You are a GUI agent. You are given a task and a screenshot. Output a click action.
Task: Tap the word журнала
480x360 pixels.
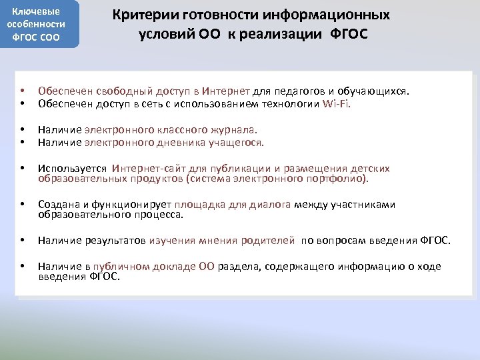pos(235,129)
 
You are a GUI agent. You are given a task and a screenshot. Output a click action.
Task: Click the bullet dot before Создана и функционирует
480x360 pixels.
pos(22,205)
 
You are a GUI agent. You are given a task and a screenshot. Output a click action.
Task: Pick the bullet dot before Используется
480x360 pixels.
pos(22,169)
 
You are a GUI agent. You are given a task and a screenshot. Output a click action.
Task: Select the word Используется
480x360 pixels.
pos(72,169)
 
